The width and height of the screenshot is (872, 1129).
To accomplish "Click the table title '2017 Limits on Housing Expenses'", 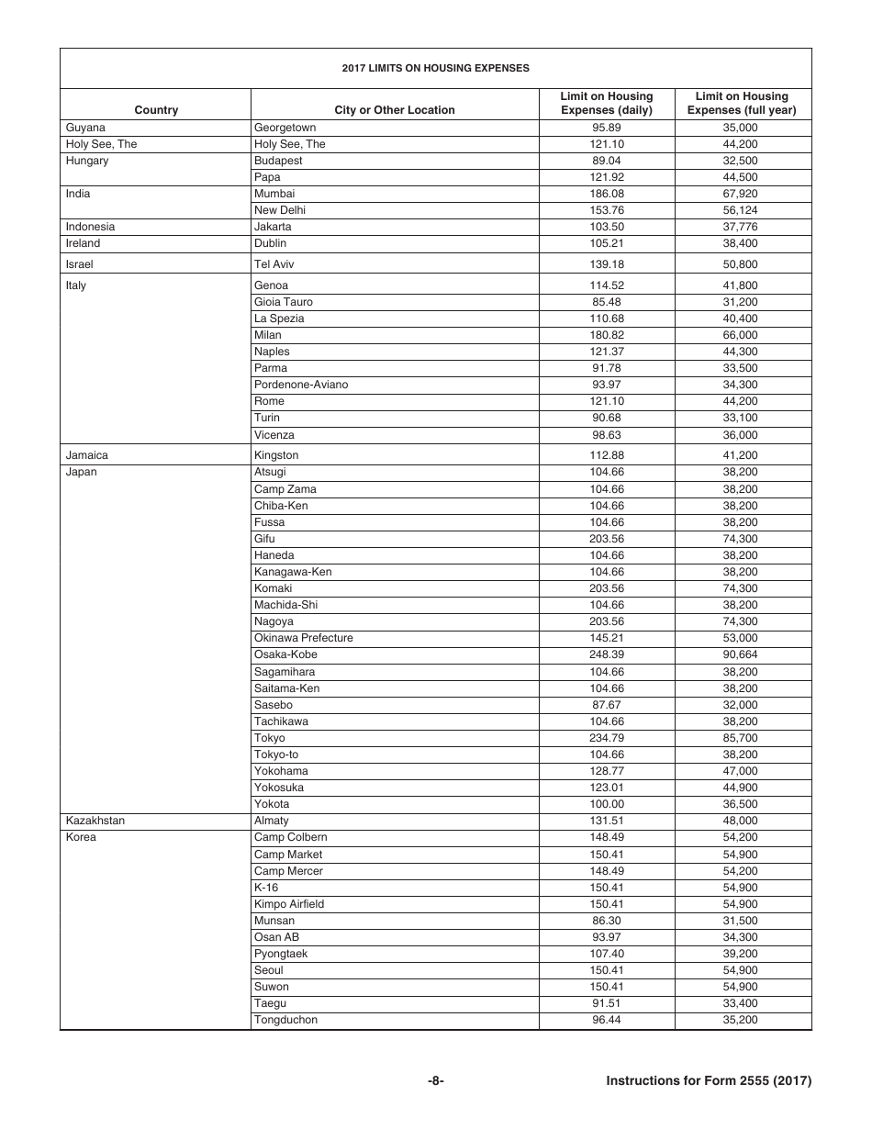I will pos(435,68).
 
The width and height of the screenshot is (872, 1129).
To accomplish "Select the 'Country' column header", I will pos(156,110).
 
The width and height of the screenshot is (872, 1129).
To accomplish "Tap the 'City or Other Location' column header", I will pos(395,110).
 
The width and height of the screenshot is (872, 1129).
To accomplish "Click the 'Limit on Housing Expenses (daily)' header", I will pos(607,103).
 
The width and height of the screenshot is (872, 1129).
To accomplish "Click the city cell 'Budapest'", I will pos(278,161).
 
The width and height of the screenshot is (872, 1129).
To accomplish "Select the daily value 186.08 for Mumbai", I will pos(607,194).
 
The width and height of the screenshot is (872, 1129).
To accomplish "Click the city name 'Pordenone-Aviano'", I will pos(301,385).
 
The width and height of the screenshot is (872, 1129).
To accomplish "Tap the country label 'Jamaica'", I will pos(87,455).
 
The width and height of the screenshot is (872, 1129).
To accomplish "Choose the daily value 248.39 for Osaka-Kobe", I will pos(607,655).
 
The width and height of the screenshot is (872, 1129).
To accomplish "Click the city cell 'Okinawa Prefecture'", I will pos(304,638).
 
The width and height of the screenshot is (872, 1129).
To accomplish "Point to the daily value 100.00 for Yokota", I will pos(607,804).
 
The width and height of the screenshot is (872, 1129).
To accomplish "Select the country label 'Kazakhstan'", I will pos(95,821).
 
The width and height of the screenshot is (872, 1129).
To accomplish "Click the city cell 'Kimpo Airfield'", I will pos(289,904).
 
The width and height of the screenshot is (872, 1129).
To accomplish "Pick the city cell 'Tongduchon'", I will pos(286,1020).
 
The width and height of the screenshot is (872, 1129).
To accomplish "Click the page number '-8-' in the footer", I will pos(435,1081).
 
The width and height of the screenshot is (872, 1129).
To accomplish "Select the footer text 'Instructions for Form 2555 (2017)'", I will pos(709,1081).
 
